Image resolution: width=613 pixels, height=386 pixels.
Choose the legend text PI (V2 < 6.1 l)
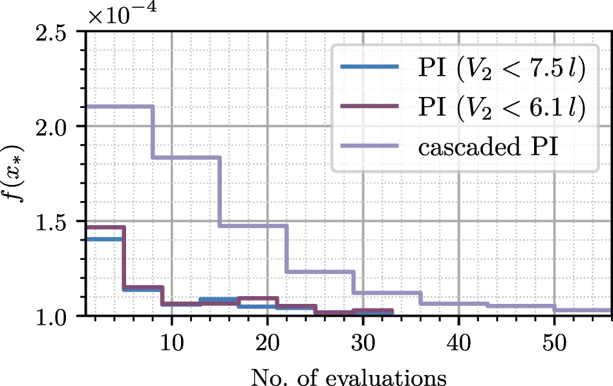pos(501,110)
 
